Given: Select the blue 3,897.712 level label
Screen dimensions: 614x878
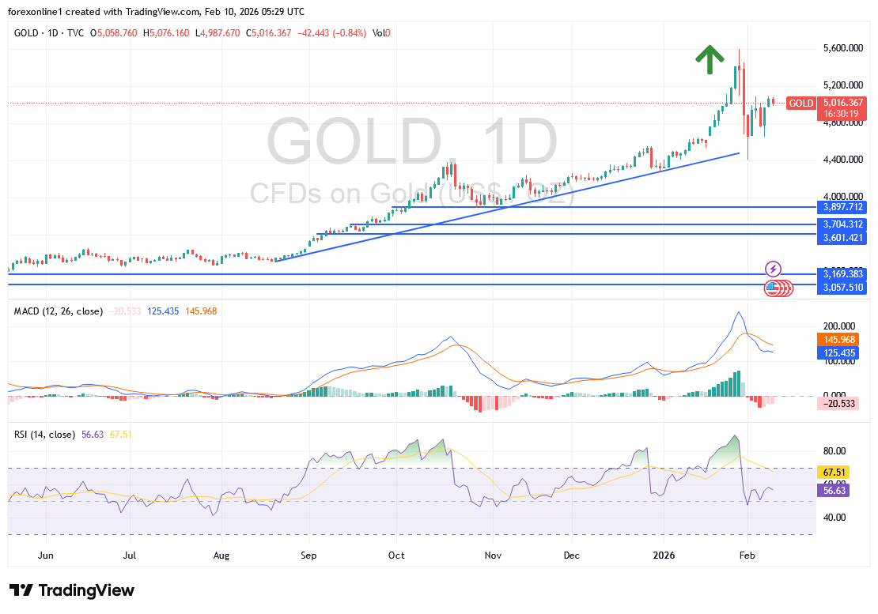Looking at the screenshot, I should pos(844,206).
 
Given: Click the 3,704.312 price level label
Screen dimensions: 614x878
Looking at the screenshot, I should pos(844,224).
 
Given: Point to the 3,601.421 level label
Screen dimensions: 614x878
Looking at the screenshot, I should pos(844,235).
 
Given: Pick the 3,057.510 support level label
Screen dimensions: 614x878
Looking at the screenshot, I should pos(844,288).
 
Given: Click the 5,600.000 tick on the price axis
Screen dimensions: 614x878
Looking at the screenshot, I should pos(842,48).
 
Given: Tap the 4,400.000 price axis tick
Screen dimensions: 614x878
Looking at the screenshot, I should pos(842,160).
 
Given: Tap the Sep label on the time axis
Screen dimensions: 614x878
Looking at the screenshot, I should pos(308,556).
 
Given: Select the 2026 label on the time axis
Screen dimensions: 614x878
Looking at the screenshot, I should pos(663,556).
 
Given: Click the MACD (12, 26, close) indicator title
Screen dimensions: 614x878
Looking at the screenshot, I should pos(59,311).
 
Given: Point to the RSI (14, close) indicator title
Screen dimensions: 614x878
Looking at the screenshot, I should pos(45,434).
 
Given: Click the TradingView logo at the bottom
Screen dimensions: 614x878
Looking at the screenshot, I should pos(72,590).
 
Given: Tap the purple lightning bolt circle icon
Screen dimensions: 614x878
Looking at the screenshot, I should pos(774,269).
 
